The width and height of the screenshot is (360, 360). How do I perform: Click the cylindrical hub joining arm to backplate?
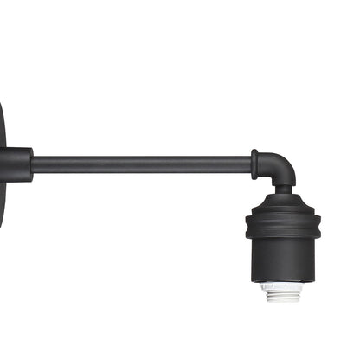pyautogui.click(x=17, y=164)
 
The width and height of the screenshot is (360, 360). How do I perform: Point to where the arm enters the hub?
pyautogui.click(x=33, y=164)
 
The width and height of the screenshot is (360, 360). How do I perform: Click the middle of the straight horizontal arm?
pyautogui.click(x=143, y=164)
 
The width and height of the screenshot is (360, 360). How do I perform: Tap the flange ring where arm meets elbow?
pyautogui.click(x=255, y=164)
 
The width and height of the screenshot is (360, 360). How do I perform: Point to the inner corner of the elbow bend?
pyautogui.click(x=269, y=176)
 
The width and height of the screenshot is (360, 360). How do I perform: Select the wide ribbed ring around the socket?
pyautogui.click(x=282, y=225)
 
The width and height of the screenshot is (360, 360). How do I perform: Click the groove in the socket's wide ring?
pyautogui.click(x=282, y=226)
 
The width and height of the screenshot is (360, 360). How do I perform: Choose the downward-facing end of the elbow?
pyautogui.click(x=282, y=183)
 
